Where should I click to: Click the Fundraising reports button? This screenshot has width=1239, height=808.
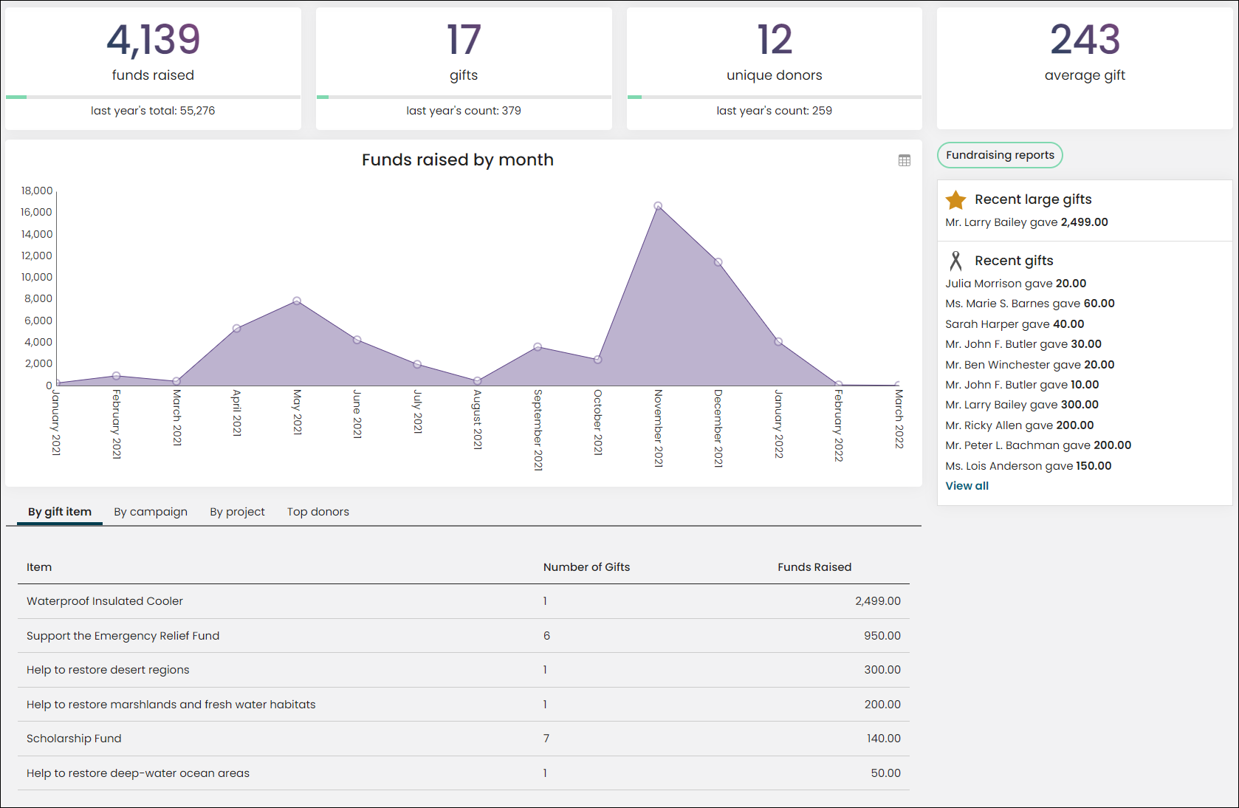point(1000,155)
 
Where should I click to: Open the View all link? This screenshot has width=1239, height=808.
point(967,486)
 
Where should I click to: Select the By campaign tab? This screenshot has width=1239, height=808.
point(151,512)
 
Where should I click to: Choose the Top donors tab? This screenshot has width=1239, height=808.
point(318,512)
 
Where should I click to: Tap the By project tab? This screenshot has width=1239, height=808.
point(237,512)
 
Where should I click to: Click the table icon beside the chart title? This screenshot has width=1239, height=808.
point(905,160)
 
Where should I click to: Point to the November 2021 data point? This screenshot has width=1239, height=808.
point(658,206)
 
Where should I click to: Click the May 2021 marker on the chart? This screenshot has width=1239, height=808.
point(297,301)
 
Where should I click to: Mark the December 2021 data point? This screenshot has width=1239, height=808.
point(718,262)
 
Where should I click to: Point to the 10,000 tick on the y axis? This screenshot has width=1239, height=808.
point(36,277)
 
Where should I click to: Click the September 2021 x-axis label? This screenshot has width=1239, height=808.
point(538,430)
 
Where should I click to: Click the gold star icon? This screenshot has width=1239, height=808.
point(955,200)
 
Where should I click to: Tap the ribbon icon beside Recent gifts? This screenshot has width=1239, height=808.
point(955,261)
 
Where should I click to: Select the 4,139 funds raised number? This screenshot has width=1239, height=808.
point(154,40)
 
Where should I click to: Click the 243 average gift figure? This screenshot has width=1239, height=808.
point(1085,40)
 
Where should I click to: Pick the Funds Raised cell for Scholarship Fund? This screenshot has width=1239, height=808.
point(883,739)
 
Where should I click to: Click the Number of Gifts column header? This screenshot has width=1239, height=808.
point(586,567)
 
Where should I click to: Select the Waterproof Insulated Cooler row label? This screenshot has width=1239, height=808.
point(105,601)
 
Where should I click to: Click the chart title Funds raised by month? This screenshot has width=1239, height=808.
point(458,160)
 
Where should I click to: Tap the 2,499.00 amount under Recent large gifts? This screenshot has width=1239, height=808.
point(1084,222)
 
